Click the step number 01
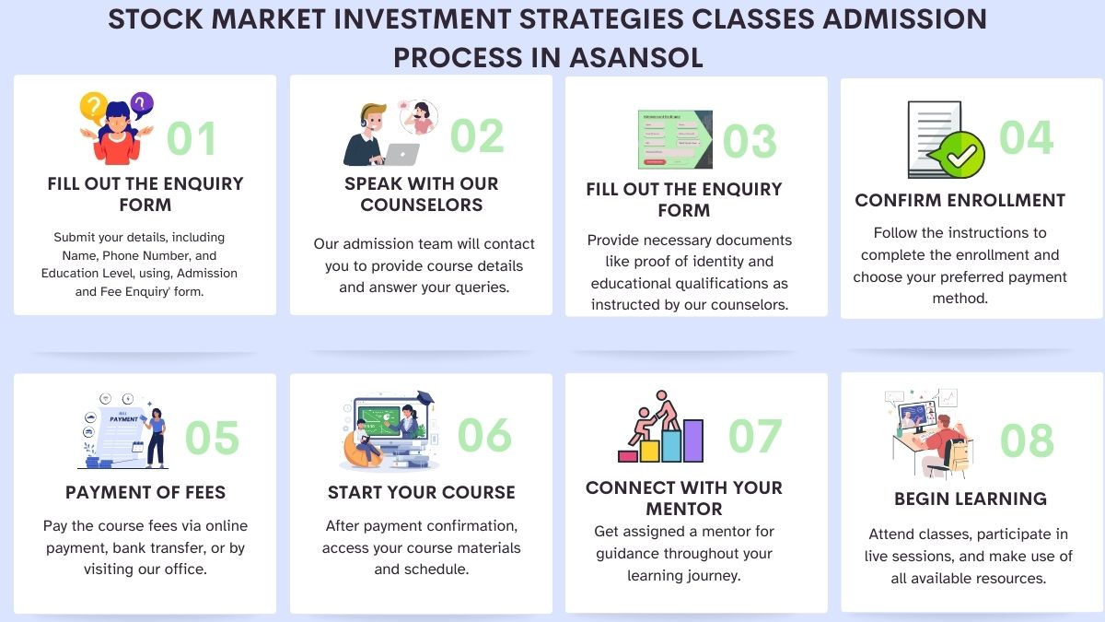click(x=192, y=138)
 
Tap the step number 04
click(x=1026, y=137)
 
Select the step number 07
click(x=755, y=436)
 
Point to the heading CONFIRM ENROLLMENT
click(x=960, y=200)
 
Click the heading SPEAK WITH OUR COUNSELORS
click(x=421, y=194)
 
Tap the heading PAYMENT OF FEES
click(x=145, y=493)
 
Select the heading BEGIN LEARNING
click(x=970, y=499)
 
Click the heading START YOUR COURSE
click(x=421, y=493)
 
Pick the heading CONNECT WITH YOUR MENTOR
click(x=683, y=498)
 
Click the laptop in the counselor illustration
click(x=398, y=154)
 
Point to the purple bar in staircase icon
click(x=694, y=440)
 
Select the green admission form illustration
click(x=674, y=139)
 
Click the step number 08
click(x=1027, y=441)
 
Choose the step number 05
click(x=212, y=438)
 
